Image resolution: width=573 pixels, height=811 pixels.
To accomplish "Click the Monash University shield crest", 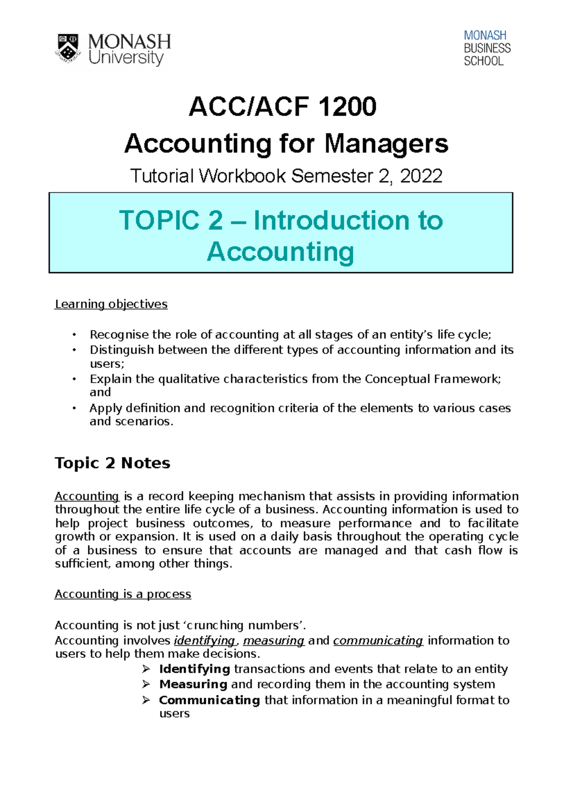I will click(x=68, y=48).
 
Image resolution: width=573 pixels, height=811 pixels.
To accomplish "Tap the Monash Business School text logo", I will click(x=487, y=48).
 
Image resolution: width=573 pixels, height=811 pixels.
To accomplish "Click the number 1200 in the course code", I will click(x=347, y=107).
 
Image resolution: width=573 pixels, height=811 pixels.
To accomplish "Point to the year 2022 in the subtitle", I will click(x=421, y=176).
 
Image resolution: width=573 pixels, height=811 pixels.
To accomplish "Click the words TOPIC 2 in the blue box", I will click(x=171, y=221).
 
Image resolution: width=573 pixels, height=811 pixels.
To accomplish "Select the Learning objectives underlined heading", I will click(x=111, y=304).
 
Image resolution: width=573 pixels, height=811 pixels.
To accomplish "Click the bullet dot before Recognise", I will click(x=74, y=335).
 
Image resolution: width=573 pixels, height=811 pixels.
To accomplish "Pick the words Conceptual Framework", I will click(x=433, y=379).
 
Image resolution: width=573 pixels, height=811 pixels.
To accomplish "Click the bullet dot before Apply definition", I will click(x=74, y=408).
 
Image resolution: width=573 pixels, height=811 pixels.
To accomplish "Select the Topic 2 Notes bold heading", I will click(x=112, y=463).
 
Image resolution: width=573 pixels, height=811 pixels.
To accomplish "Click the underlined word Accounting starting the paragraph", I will click(x=86, y=496).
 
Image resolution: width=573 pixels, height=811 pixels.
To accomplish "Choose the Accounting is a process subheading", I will click(x=123, y=594).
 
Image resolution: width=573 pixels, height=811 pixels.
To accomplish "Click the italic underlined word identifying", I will click(x=205, y=640).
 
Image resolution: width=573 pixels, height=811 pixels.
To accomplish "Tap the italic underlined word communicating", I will click(x=378, y=640).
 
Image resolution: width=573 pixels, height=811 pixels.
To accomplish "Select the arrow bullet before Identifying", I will click(x=146, y=669).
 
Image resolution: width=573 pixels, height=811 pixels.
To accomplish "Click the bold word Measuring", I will click(x=193, y=684).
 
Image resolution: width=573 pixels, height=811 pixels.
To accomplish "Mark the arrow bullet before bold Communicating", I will click(x=146, y=700).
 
